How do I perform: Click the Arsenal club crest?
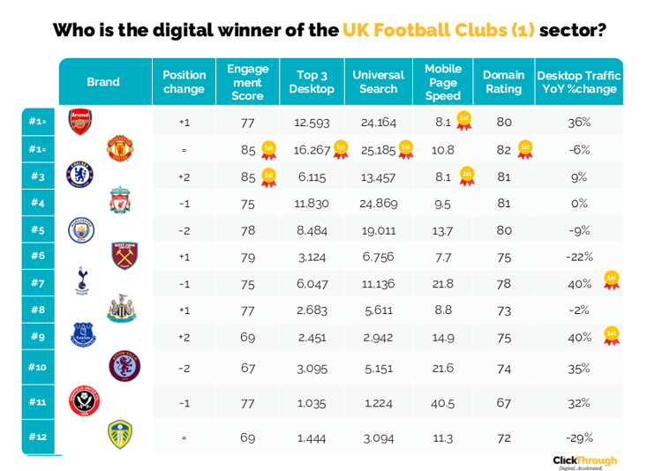pos(80,121)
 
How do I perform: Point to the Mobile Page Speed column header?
pos(443,82)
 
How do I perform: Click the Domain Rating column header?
pos(504,82)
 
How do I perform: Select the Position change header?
pos(184,82)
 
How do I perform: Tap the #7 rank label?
pos(37,283)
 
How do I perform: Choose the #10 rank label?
pos(37,366)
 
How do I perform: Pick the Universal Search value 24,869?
pos(378,204)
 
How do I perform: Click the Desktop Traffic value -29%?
pos(579,437)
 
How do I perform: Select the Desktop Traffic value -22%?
pos(579,257)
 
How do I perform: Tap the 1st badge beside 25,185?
pos(407,149)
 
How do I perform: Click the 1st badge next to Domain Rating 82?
pos(525,149)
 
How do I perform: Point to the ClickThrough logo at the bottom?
pos(584,461)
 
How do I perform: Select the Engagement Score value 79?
pos(247,257)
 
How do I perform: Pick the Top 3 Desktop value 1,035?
pos(312,402)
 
